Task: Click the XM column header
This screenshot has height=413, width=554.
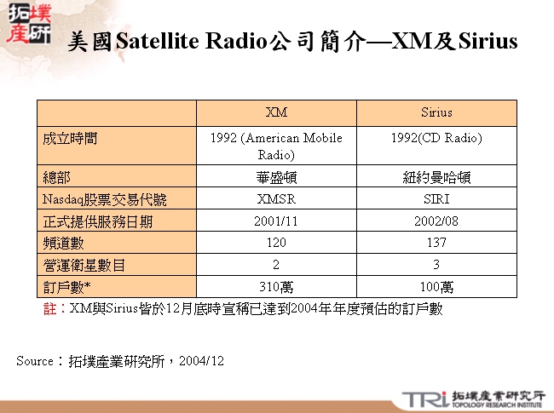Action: pos(276,112)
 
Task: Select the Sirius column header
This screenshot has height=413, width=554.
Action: pos(436,112)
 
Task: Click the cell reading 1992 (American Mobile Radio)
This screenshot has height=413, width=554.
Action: pos(276,146)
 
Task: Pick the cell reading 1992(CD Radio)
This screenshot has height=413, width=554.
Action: pos(436,138)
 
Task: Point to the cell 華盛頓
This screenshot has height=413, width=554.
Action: pos(276,177)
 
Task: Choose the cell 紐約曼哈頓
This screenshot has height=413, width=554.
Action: pos(436,177)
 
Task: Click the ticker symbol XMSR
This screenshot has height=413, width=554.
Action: pos(276,199)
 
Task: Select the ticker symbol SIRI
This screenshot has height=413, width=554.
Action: pos(436,199)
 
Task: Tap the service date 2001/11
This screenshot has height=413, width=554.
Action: pos(276,221)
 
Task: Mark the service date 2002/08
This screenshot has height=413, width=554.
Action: pos(436,221)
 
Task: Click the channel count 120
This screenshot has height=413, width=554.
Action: pos(276,244)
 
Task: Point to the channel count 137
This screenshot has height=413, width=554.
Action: pos(436,244)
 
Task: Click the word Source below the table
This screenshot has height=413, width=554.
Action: pos(34,361)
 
